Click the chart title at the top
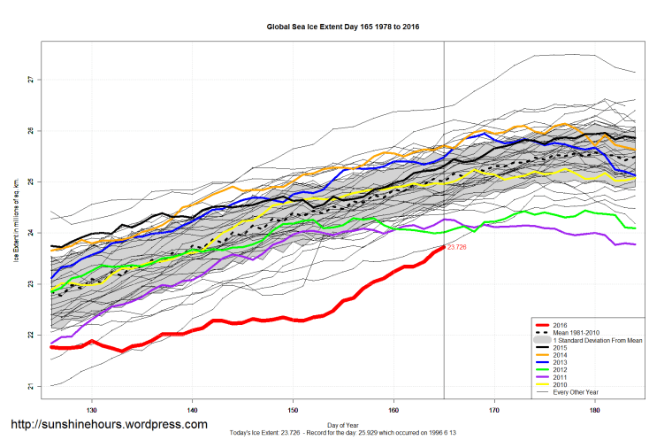click(x=343, y=27)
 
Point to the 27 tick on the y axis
click(x=30, y=80)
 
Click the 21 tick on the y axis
click(x=30, y=386)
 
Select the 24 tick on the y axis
click(x=30, y=233)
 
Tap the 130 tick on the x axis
click(x=92, y=410)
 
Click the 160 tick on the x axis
click(x=393, y=410)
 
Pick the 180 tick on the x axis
click(x=595, y=410)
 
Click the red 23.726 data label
click(x=456, y=248)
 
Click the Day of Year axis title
click(x=344, y=424)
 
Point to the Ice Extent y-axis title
click(x=16, y=233)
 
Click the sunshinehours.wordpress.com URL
click(x=109, y=425)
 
